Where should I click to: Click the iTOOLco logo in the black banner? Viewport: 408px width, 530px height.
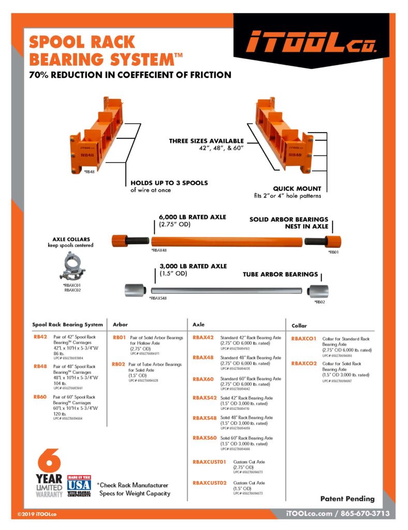(311, 41)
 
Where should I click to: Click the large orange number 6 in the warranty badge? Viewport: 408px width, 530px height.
(49, 461)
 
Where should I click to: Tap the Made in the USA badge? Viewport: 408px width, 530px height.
(79, 486)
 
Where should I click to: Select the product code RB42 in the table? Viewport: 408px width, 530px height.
(40, 337)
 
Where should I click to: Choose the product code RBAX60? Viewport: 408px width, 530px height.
(203, 379)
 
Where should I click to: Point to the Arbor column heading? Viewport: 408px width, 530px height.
(120, 325)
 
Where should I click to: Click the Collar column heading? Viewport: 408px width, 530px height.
(299, 326)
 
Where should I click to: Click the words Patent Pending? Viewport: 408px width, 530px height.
(347, 498)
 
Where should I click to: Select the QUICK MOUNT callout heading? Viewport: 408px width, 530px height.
(297, 188)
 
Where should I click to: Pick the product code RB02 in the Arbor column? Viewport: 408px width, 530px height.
(119, 364)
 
